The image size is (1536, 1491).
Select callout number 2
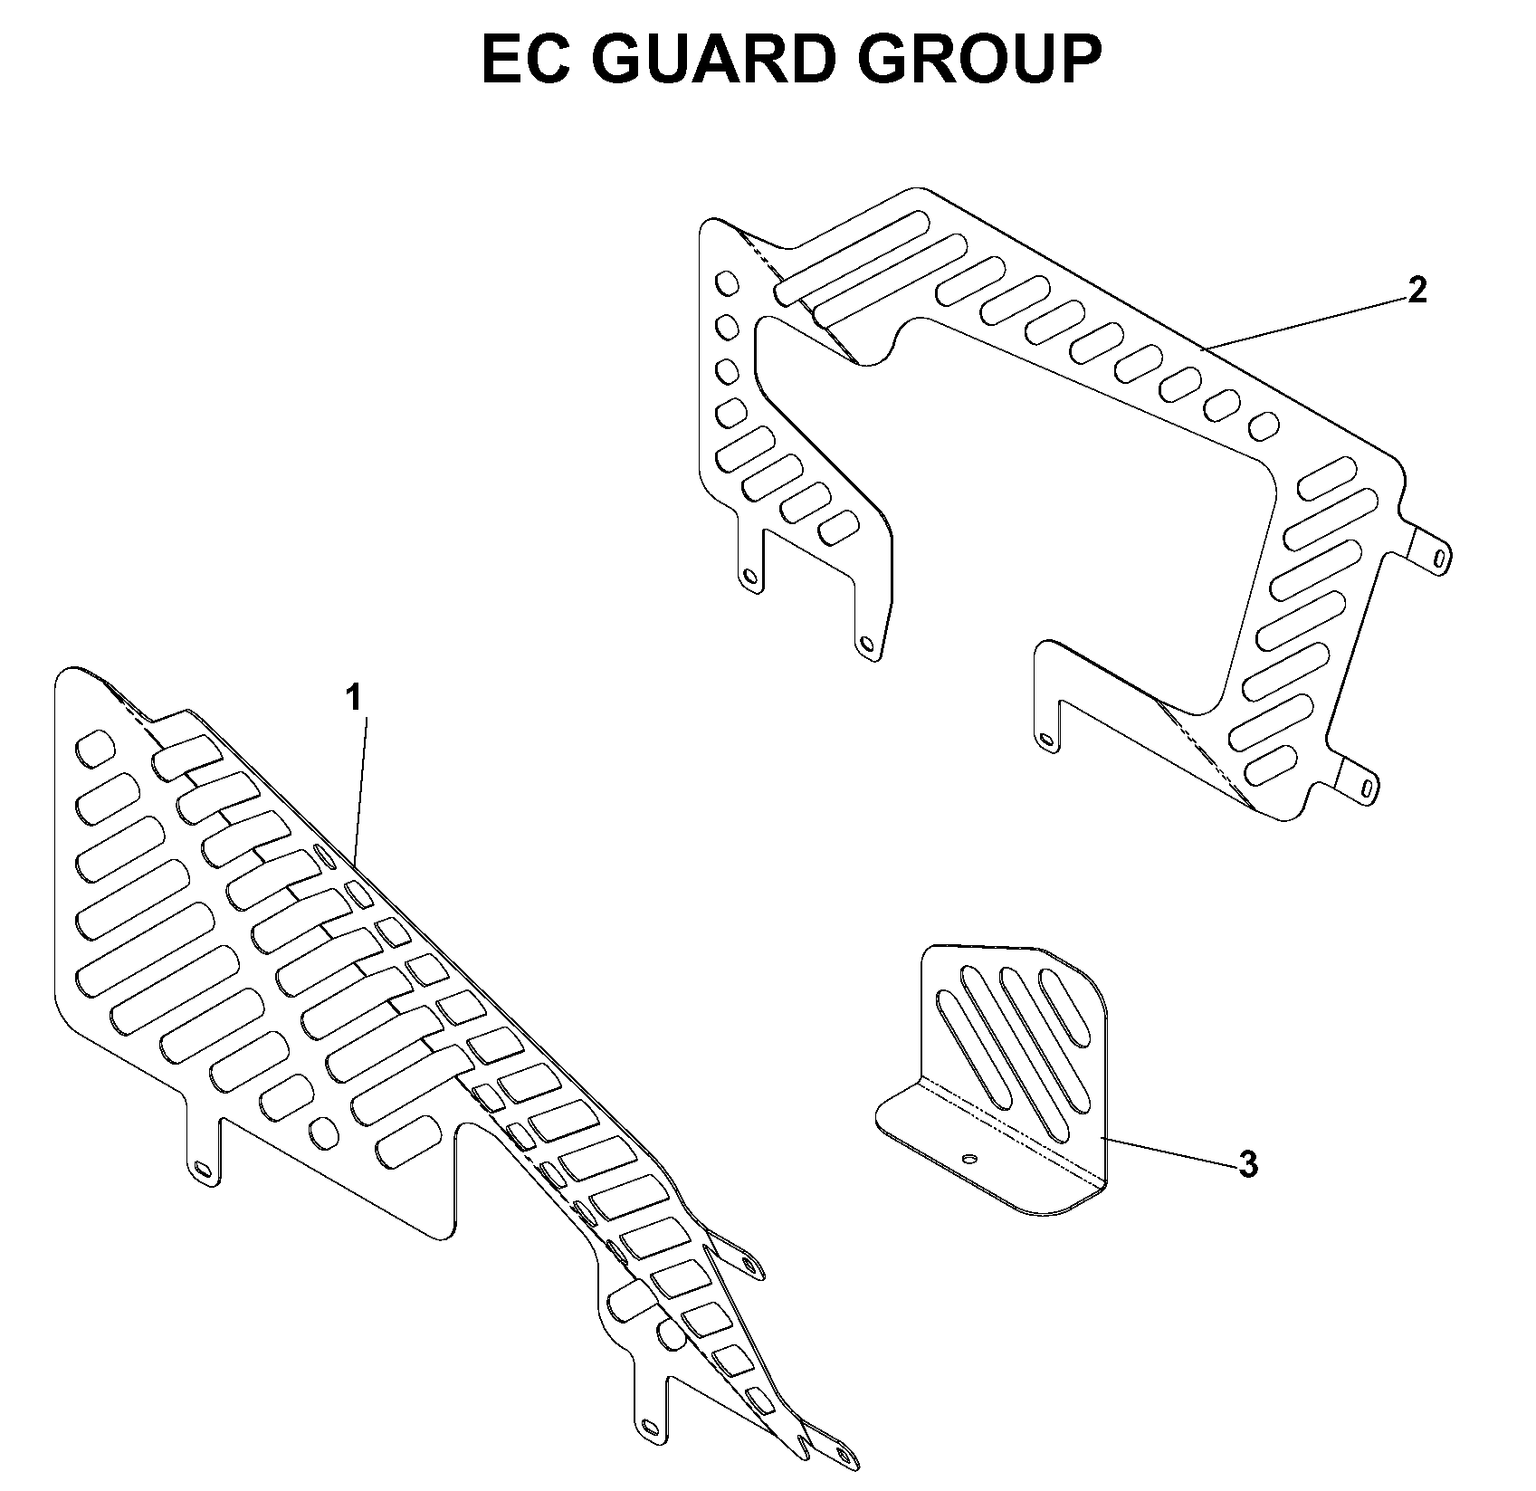pyautogui.click(x=1418, y=290)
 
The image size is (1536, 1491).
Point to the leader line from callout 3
pyautogui.click(x=1168, y=1150)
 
